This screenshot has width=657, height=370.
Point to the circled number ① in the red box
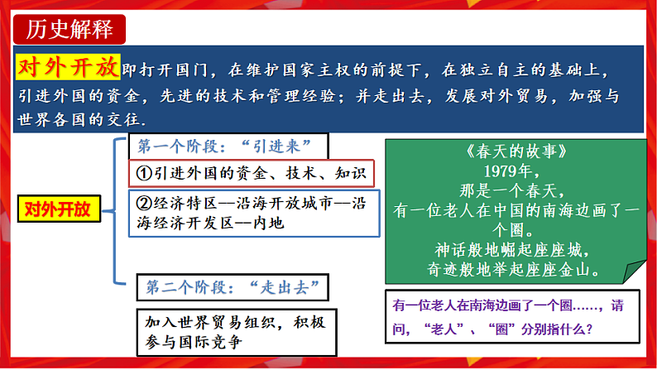pos(142,174)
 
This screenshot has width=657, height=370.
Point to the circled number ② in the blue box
pos(142,203)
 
